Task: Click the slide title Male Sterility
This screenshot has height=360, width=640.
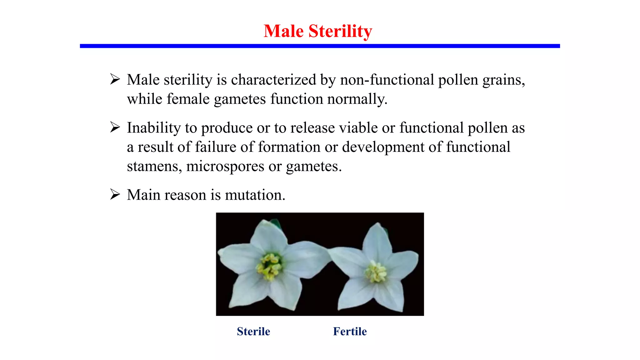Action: coord(318,31)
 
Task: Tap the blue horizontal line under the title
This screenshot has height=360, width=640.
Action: coord(320,46)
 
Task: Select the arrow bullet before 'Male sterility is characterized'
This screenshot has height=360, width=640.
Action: coord(115,79)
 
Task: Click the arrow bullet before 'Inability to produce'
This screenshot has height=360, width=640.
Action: coord(115,127)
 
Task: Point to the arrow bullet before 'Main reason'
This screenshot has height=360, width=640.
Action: coord(115,195)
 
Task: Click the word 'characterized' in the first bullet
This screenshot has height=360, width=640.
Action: coord(273,80)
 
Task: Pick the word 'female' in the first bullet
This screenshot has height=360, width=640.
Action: coord(188,99)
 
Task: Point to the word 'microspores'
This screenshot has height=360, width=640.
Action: coord(225,166)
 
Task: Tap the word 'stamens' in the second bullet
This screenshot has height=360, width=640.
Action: coord(153,166)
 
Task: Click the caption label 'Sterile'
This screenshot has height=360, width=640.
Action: coord(253,331)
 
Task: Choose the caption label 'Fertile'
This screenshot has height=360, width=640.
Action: coord(350,331)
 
